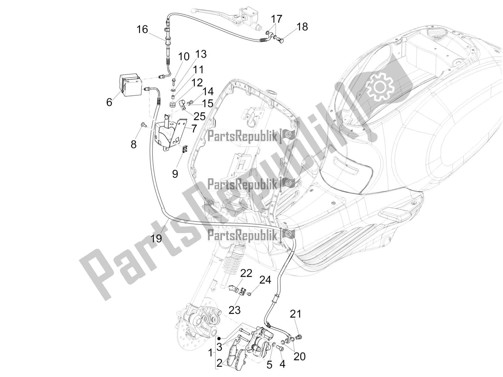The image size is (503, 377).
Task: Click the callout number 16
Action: pos(142,30)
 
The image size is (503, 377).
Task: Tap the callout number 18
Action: pos(302,27)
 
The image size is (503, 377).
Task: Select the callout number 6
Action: pos(109,102)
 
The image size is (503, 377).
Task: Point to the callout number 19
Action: pos(156,238)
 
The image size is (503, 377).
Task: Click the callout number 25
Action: pos(199,116)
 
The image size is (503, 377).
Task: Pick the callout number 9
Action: pos(175,173)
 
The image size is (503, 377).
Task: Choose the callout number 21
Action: pos(296,314)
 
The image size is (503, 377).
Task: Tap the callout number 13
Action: pos(201,54)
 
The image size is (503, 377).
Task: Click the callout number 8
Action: pos(134,145)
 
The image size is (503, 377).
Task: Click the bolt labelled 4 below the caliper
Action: pos(280,349)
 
